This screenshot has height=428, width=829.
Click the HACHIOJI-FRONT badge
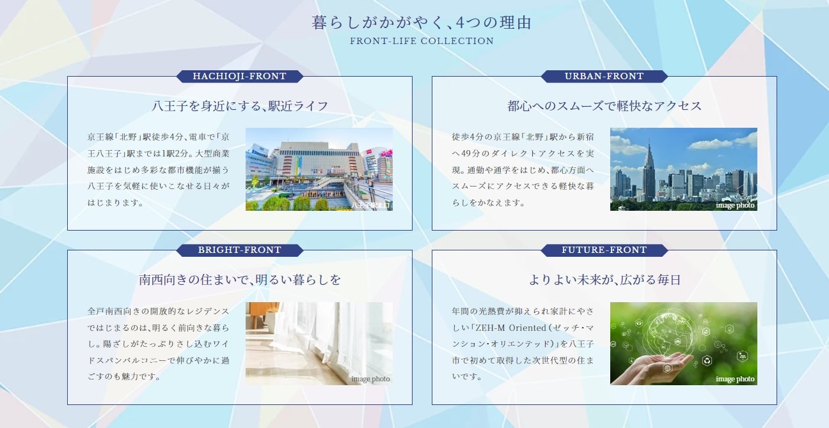[240, 77]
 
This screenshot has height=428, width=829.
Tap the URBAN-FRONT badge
[604, 77]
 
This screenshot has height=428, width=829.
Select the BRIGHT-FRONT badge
[240, 250]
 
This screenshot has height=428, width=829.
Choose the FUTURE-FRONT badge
[604, 250]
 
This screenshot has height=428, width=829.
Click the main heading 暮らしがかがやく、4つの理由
[422, 24]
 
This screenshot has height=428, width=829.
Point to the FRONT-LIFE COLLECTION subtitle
[422, 42]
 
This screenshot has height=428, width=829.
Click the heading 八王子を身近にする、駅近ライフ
[240, 106]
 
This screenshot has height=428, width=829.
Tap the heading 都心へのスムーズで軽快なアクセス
[604, 106]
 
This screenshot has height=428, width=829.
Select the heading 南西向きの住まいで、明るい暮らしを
[240, 280]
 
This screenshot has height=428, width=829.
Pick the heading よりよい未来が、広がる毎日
[604, 280]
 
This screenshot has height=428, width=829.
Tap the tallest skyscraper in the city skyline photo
[649, 169]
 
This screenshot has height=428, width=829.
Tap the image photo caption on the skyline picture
[735, 206]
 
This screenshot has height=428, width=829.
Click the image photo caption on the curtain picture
[370, 379]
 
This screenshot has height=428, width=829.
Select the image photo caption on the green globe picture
[735, 379]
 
